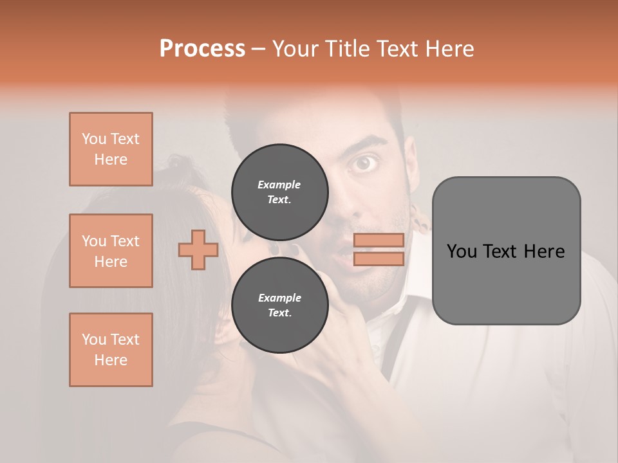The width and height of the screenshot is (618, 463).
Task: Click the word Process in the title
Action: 202,49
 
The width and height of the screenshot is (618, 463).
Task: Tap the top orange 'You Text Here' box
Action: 111,149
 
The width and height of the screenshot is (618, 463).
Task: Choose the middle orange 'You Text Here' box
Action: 111,251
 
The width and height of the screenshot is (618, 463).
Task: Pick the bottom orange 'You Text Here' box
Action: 111,350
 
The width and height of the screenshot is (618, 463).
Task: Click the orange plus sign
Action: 198,250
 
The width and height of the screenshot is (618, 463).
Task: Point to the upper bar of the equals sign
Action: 379,241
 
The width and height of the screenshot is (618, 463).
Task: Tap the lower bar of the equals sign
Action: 379,259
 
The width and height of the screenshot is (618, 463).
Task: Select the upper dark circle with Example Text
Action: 279,192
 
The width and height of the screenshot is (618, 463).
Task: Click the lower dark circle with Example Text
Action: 279,305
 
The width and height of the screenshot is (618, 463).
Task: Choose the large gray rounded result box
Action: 506,251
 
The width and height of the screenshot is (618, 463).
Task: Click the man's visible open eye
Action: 365,163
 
